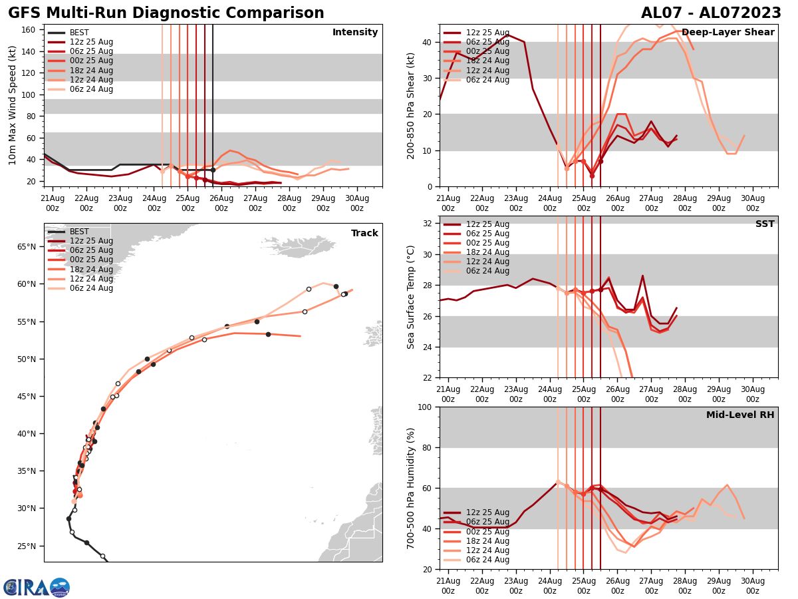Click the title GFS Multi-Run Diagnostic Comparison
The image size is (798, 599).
point(166,13)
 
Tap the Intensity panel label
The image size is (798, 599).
point(355,33)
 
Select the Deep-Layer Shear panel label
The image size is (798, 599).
point(728,33)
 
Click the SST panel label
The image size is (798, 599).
point(765,224)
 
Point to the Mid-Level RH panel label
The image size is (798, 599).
point(740,415)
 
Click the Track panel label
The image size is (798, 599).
point(364,234)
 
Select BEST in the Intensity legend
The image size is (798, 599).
point(79,33)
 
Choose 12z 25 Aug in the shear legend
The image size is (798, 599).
point(487,33)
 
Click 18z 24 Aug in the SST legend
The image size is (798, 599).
point(487,252)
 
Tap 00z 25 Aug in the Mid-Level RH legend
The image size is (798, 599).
point(487,531)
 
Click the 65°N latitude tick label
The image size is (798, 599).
point(27,247)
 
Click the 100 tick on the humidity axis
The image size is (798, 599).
point(426,407)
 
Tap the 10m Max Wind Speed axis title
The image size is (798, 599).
point(13,105)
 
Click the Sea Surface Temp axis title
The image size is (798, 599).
point(411,297)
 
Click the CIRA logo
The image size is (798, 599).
point(37,587)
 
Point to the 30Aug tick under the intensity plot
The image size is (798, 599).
point(357,202)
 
